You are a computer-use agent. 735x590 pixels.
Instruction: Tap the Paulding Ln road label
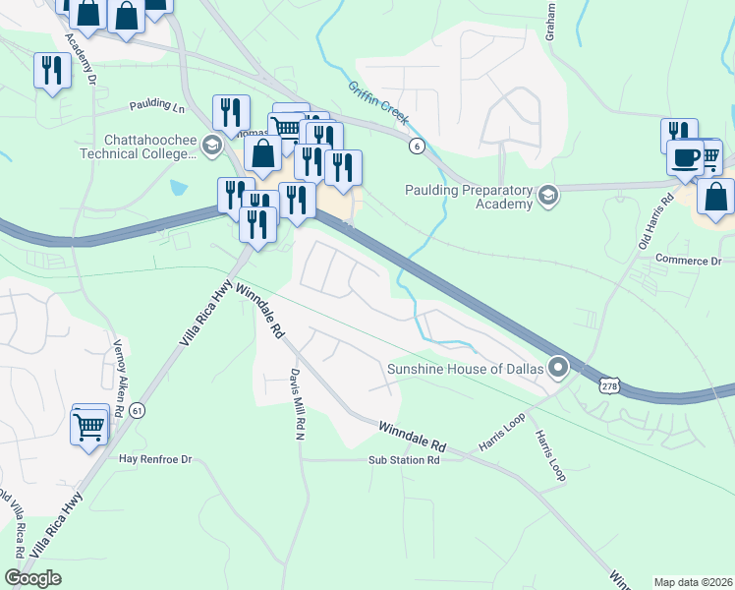point(158,105)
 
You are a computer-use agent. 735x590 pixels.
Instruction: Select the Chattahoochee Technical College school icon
point(210,147)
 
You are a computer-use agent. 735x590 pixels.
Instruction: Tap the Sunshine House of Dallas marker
point(558,369)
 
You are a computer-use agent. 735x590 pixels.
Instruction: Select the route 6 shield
point(418,146)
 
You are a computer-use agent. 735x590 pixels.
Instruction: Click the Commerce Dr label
point(688,261)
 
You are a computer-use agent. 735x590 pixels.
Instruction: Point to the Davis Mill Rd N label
point(295,402)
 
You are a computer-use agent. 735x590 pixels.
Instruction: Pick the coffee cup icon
point(685,156)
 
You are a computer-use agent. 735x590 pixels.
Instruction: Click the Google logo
point(33,578)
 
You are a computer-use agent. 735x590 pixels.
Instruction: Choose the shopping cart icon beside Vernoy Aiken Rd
point(89,427)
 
